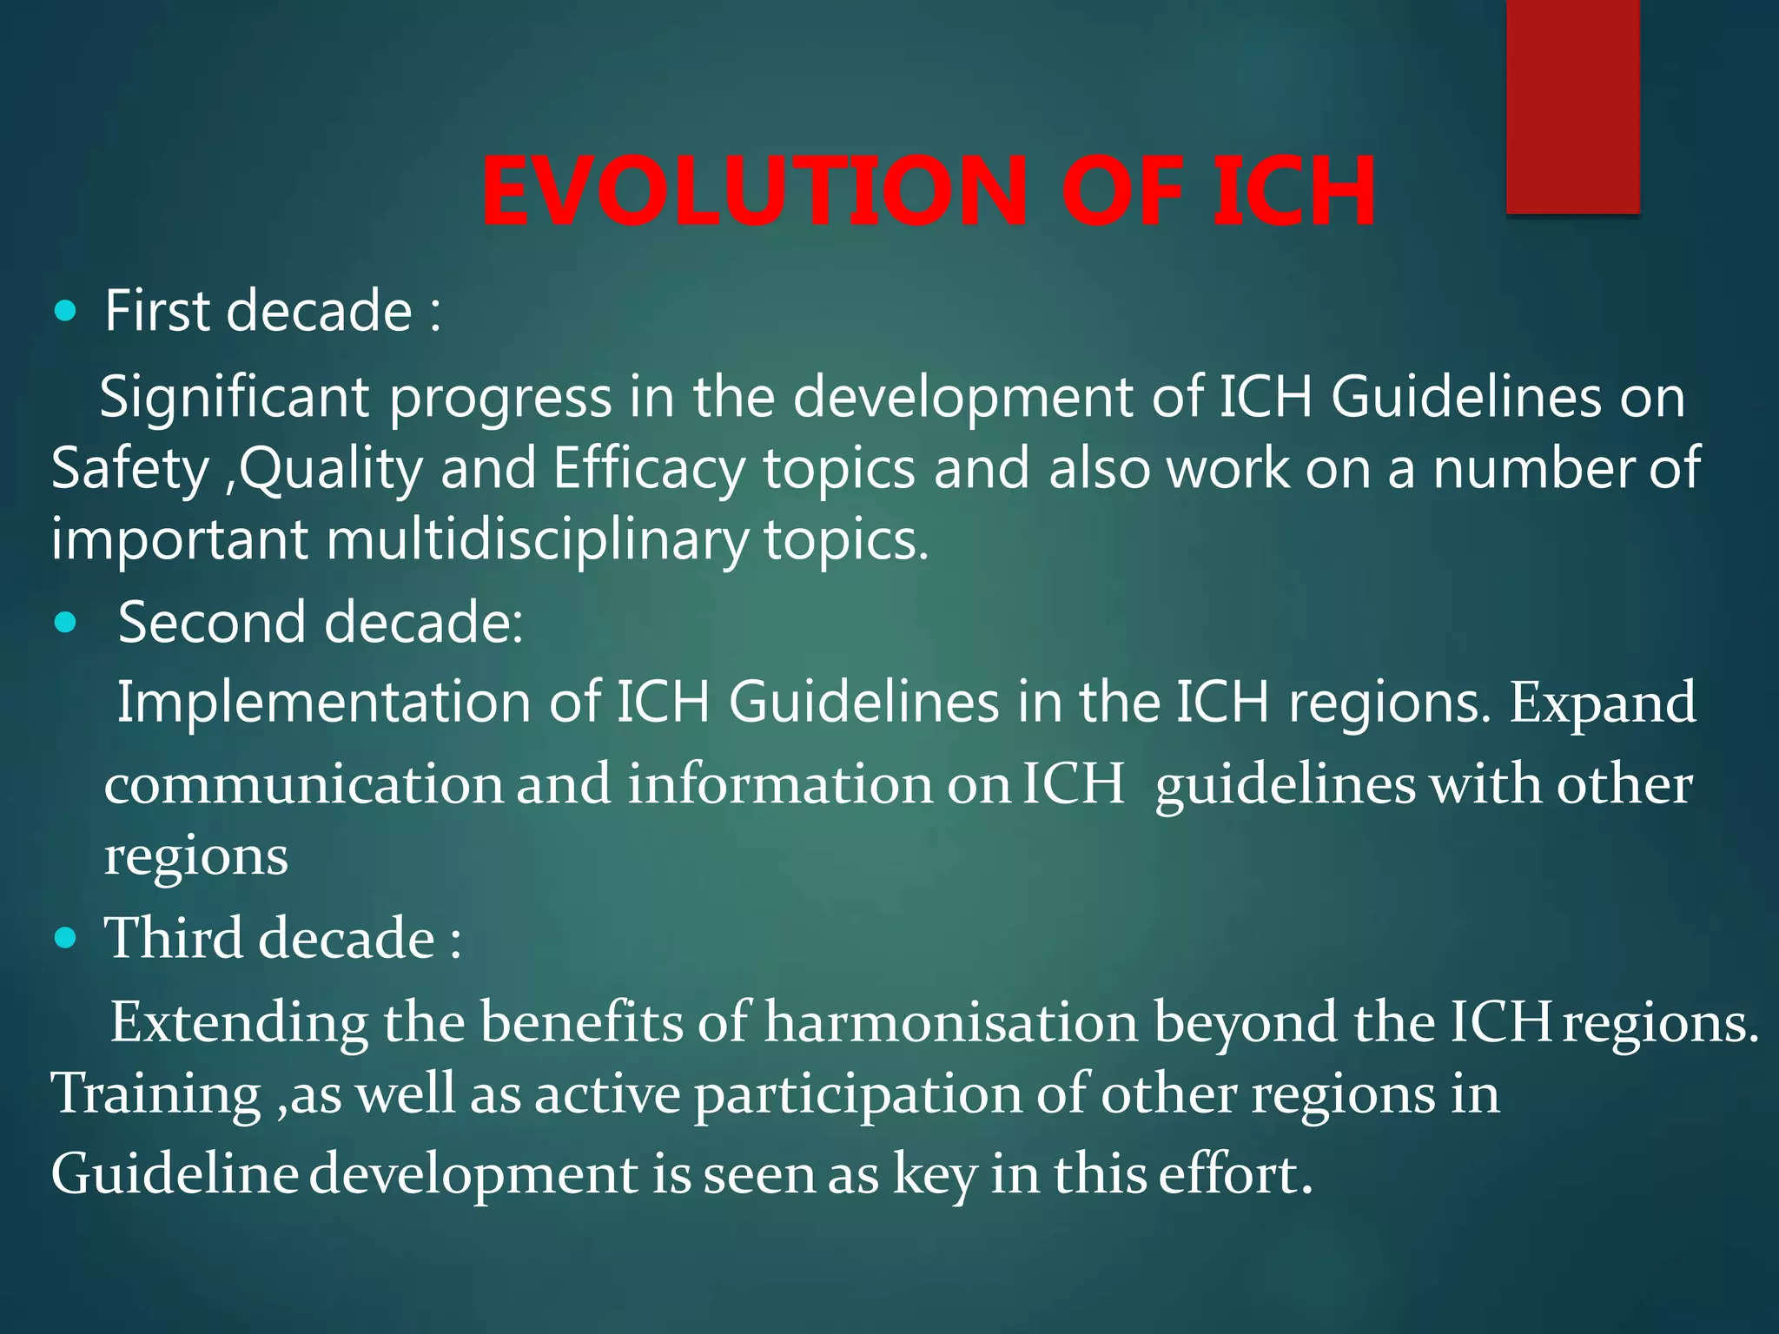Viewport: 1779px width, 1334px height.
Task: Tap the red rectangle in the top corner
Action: [1572, 106]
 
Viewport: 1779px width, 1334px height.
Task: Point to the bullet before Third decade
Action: [65, 938]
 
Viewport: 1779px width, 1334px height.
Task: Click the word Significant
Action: [235, 398]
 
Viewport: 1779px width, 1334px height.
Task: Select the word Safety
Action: [130, 469]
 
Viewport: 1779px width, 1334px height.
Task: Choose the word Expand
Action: [1602, 703]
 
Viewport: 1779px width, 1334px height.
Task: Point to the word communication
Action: [304, 784]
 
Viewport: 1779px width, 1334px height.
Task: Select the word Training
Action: [156, 1093]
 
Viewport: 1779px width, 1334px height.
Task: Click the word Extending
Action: [239, 1023]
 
